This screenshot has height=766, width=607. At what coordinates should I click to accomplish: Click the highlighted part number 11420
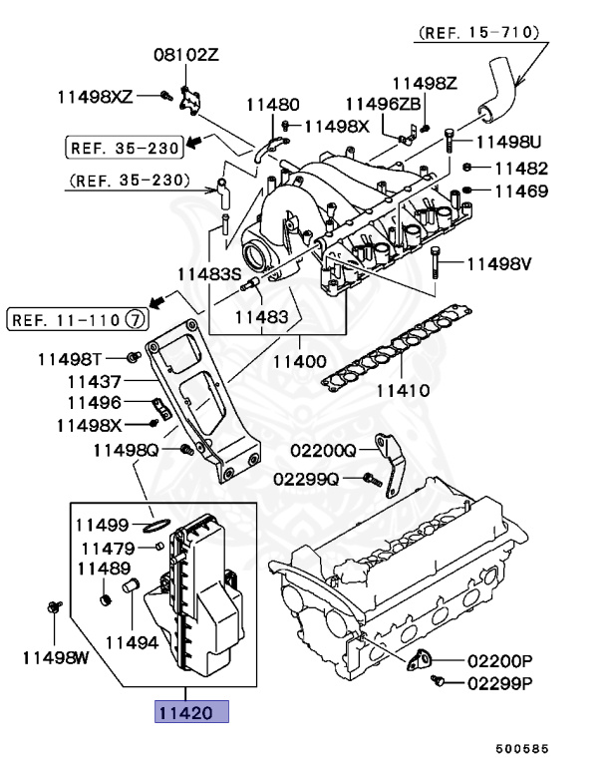[189, 712]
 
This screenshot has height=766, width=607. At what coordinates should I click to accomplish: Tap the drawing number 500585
[524, 748]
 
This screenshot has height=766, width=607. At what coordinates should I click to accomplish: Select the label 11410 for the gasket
[402, 390]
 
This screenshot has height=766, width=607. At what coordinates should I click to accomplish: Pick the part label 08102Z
[185, 54]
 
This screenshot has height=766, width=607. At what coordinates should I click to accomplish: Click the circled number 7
[136, 320]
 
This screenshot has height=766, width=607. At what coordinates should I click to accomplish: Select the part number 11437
[95, 381]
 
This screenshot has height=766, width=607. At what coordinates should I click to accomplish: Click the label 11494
[133, 643]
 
